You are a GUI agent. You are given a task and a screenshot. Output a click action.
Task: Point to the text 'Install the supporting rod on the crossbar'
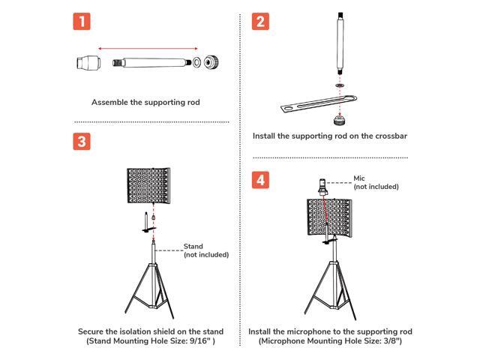(x=330, y=136)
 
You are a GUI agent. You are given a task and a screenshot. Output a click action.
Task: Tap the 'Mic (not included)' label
(x=375, y=182)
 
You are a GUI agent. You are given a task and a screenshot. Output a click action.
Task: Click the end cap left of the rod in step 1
(x=88, y=62)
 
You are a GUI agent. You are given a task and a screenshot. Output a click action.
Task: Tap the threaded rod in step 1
(x=146, y=62)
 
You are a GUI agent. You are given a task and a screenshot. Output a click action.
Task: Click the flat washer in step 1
(x=195, y=62)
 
